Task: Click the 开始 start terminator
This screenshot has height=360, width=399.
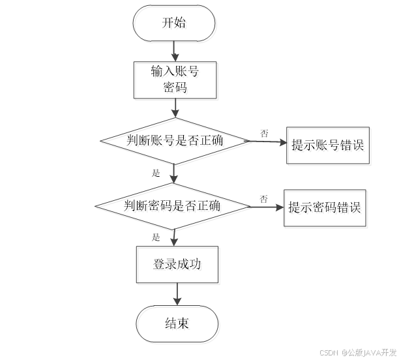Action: click(174, 25)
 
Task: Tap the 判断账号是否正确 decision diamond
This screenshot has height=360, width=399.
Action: click(175, 142)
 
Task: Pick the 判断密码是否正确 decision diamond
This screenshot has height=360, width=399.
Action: click(173, 207)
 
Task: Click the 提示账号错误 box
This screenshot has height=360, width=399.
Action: click(329, 145)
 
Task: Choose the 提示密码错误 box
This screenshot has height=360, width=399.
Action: click(326, 209)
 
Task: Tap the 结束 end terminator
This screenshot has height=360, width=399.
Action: click(178, 324)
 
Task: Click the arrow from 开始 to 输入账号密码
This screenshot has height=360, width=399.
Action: click(174, 52)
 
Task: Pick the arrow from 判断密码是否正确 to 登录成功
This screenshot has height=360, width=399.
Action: click(174, 237)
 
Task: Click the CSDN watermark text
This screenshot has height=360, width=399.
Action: click(328, 352)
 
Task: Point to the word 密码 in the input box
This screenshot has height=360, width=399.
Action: click(177, 89)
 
